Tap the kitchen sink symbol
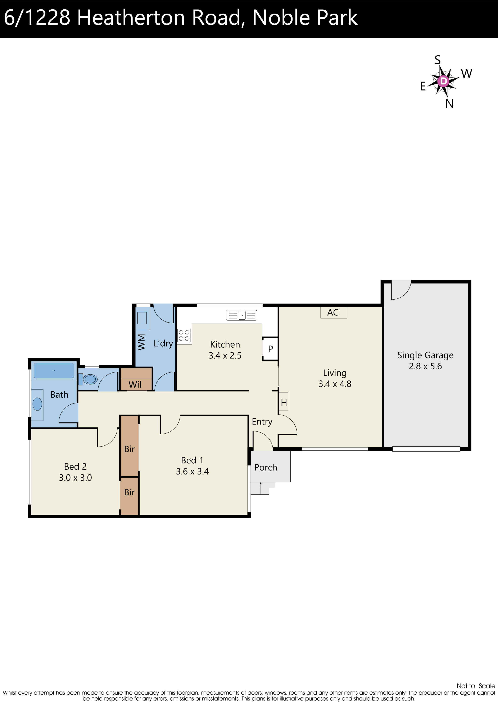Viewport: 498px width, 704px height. pyautogui.click(x=242, y=315)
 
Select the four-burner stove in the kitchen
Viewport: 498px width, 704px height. pyautogui.click(x=184, y=335)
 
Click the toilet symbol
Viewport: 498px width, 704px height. pyautogui.click(x=90, y=379)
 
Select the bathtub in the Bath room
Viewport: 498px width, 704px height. pyautogui.click(x=54, y=371)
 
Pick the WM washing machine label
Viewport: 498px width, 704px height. pyautogui.click(x=141, y=342)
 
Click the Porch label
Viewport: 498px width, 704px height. pyautogui.click(x=266, y=467)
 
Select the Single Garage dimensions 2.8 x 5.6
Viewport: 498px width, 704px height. pyautogui.click(x=425, y=366)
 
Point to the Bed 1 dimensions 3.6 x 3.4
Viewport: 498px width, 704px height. pyautogui.click(x=192, y=471)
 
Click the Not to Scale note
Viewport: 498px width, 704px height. pyautogui.click(x=476, y=686)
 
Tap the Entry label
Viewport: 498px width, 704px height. pyautogui.click(x=262, y=422)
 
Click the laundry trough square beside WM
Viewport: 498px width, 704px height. pyautogui.click(x=142, y=318)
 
